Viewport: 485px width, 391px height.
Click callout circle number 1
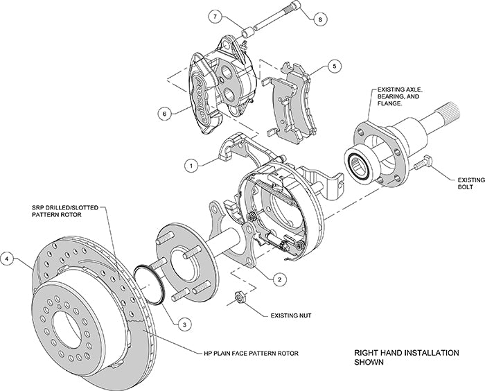(188, 164)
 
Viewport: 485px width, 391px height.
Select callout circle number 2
(279, 279)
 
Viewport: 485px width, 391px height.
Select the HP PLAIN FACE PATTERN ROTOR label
(250, 354)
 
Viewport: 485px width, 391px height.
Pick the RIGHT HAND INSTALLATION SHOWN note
(405, 357)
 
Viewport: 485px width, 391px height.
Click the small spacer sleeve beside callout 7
(246, 31)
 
